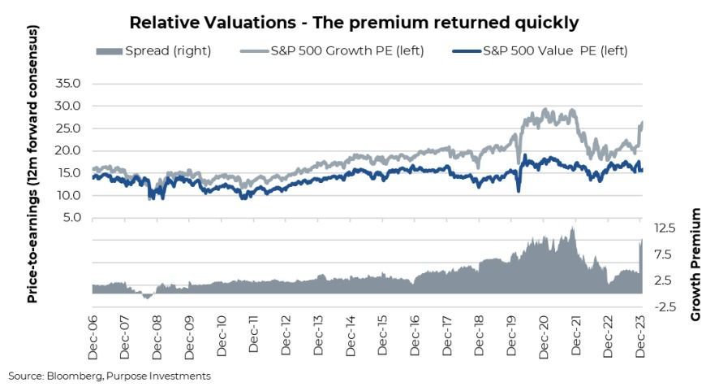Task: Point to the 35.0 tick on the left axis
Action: [68, 83]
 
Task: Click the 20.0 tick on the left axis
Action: [68, 150]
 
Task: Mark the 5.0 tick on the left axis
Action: [71, 218]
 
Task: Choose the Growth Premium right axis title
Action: [695, 264]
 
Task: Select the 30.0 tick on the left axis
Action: [68, 106]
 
